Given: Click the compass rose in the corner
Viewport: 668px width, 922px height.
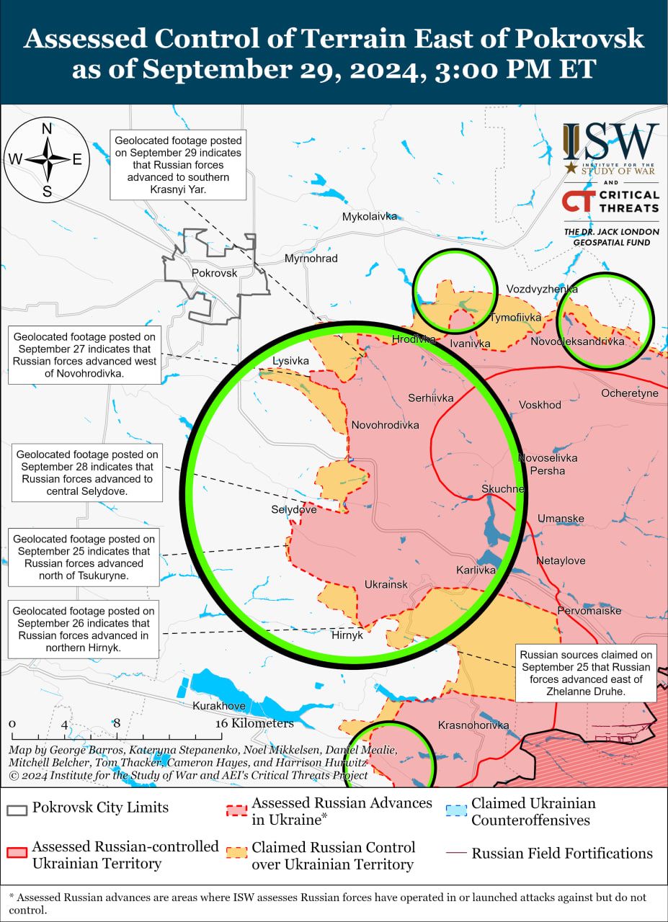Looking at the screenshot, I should tap(47, 159).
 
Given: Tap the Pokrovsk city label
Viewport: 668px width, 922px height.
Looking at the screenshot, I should tap(214, 273).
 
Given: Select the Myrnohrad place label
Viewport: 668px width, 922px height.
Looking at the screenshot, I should tap(311, 259).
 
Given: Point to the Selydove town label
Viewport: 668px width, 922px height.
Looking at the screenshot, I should tap(293, 509).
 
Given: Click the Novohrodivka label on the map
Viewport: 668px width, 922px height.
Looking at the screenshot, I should tap(385, 425).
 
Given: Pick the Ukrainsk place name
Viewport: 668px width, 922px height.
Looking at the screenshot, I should tap(386, 584).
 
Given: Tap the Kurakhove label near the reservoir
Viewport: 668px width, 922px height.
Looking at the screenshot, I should tap(219, 706).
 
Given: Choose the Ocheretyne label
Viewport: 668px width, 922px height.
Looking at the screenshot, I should tap(630, 393).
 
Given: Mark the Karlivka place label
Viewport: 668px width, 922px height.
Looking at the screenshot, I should tap(476, 570).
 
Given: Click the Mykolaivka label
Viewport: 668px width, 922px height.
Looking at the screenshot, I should tap(370, 216).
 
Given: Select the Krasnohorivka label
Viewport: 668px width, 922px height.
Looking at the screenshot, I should tap(473, 725).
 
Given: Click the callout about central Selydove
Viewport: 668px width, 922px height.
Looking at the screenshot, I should tap(87, 473).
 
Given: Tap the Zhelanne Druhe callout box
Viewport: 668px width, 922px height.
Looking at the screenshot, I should tap(586, 673).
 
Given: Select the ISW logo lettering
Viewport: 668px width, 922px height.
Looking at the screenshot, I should tap(611, 143).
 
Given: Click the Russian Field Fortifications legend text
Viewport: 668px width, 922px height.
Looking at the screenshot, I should tap(562, 854).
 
